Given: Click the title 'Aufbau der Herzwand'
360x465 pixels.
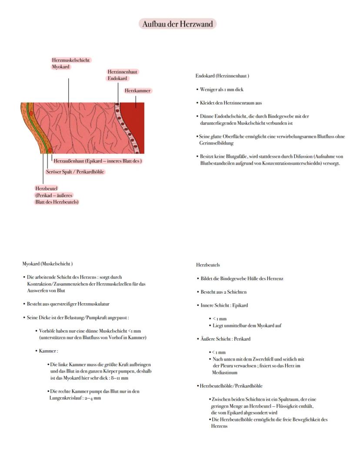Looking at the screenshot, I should point(178,24).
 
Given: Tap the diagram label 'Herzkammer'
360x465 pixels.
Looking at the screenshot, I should point(137,90).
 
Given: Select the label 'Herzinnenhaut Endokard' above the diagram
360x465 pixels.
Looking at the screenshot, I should point(123,75).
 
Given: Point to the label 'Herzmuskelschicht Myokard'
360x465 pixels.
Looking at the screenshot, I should point(71,64).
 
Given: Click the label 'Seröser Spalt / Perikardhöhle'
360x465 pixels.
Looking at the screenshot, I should point(75,172).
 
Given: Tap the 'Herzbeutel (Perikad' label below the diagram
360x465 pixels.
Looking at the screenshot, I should point(57,195).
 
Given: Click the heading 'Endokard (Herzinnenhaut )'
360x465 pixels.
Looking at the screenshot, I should point(222,76).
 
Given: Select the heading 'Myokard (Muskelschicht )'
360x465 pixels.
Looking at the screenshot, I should point(47,264).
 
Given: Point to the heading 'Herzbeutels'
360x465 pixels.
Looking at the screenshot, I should point(208,265).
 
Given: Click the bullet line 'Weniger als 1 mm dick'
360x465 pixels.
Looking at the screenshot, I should point(222,89).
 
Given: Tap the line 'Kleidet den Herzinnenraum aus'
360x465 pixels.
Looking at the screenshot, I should point(230,103).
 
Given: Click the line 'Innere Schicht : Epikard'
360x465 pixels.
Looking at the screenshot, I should point(224,305).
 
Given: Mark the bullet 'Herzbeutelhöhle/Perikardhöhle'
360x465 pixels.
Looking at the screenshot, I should point(231,386).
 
